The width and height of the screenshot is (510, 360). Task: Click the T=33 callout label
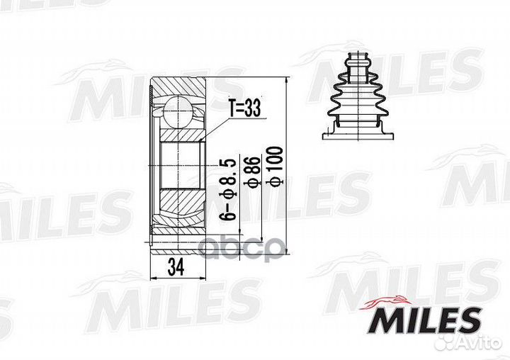[x=245, y=108]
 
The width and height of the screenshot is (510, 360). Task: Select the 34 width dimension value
[x=176, y=267]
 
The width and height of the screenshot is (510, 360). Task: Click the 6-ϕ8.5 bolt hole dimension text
[x=228, y=189]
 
